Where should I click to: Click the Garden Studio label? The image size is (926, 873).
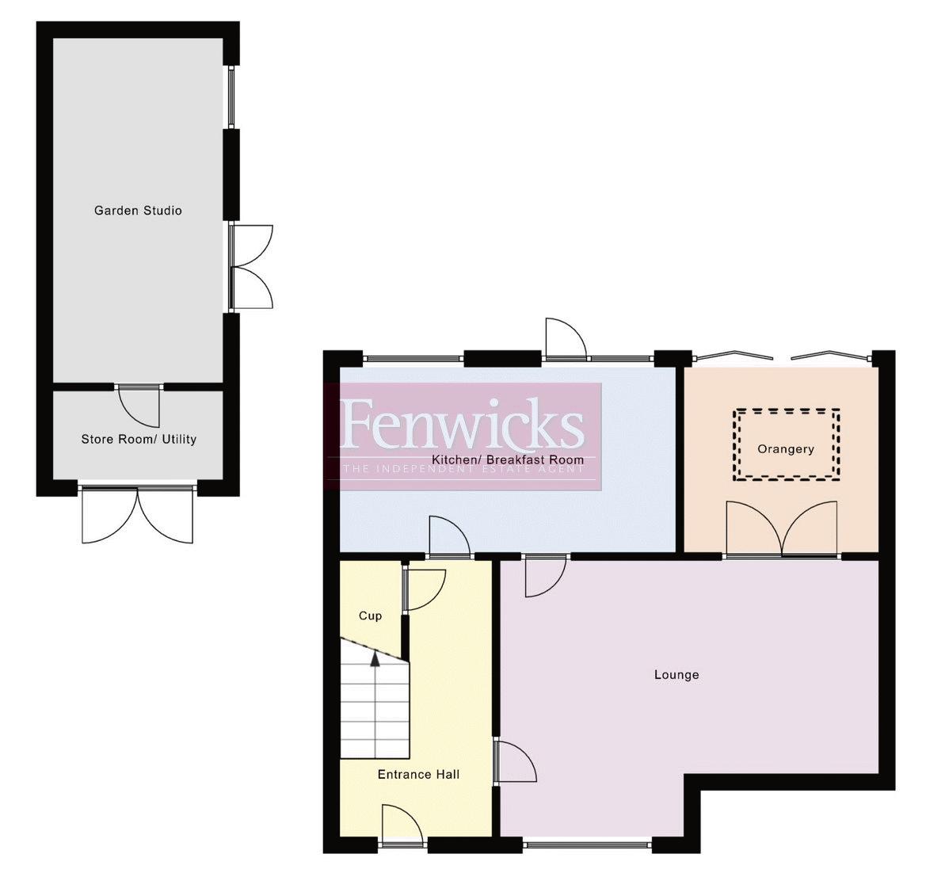coord(138,211)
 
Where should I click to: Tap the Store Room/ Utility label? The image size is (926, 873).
coord(139,439)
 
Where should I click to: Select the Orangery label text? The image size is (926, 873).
coord(785,449)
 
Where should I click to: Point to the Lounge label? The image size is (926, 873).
coord(676,675)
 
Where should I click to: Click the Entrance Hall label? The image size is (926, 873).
coord(418,775)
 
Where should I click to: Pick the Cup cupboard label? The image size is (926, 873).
coord(370,616)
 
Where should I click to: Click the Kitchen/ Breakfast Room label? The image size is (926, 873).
coord(508,459)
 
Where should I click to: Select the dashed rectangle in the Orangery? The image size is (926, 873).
coord(786,444)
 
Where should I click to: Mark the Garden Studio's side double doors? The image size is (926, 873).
coord(252,266)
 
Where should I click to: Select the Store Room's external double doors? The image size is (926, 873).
coord(138,515)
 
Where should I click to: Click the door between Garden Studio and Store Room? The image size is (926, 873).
coord(139,404)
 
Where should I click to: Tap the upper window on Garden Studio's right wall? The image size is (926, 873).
coord(231,97)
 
